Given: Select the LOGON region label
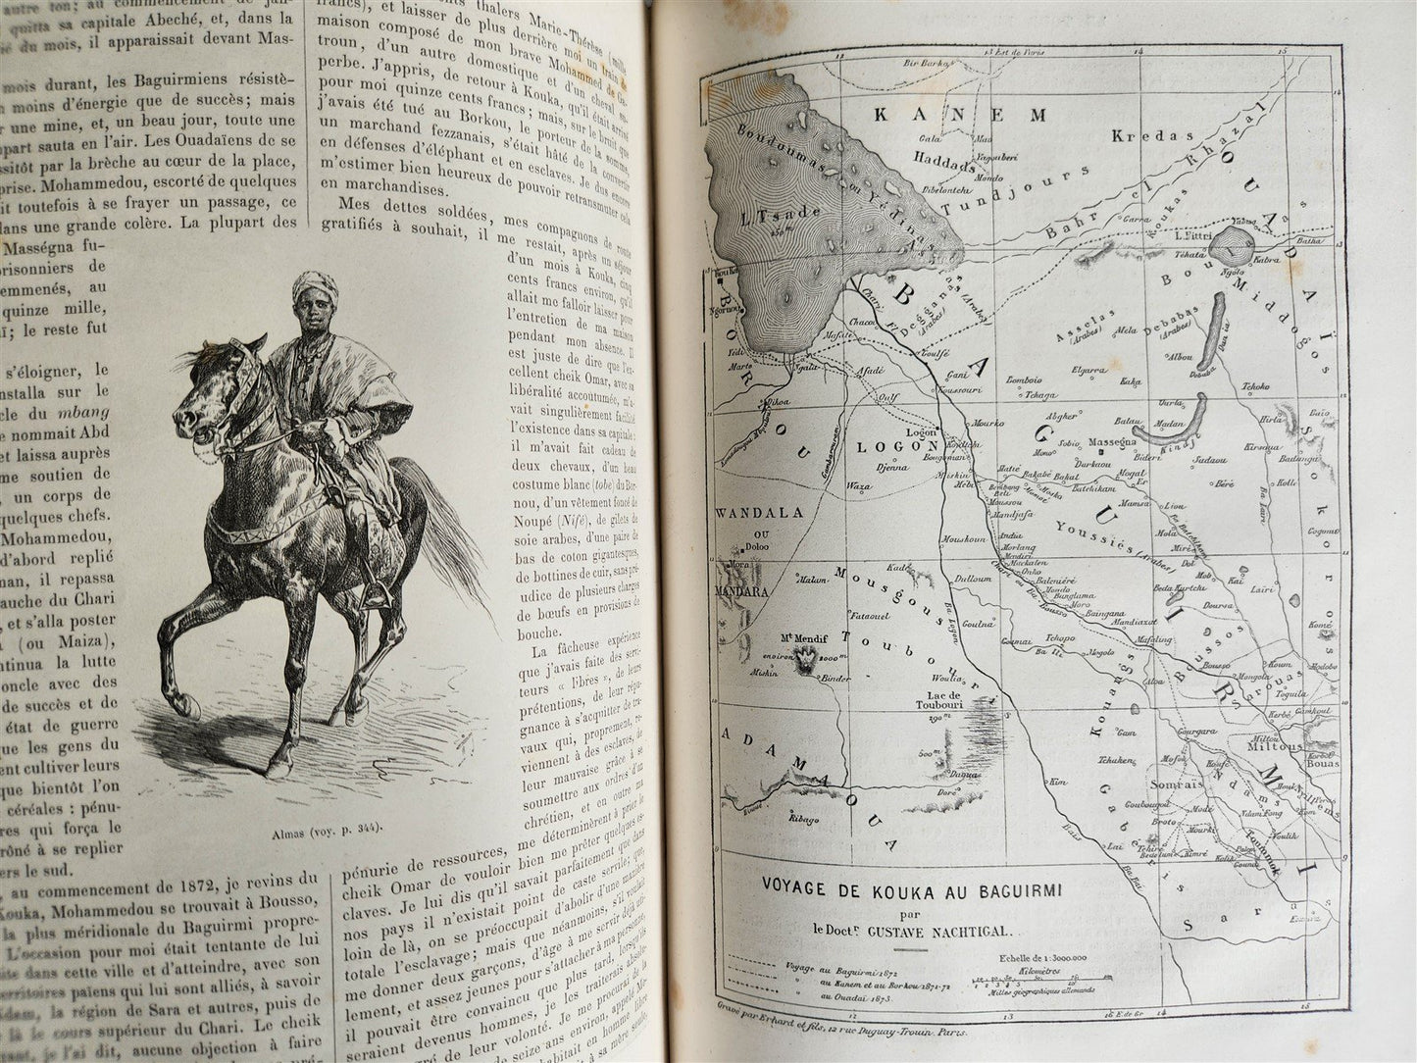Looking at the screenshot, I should coord(886,444).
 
